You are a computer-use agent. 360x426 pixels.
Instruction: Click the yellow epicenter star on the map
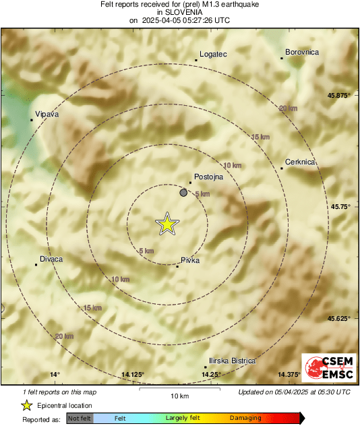coord(166,224)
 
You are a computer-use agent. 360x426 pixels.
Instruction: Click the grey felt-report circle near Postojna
coord(183,193)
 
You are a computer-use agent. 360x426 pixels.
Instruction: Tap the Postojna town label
coord(208,177)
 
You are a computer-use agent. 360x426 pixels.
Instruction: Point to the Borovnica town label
coord(302,52)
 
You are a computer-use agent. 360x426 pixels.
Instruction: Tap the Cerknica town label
coord(300,162)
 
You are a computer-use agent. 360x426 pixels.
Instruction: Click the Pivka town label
coord(191,260)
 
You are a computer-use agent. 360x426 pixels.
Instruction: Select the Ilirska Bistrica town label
coord(233,361)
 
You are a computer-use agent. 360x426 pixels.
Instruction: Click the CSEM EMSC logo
coord(326,369)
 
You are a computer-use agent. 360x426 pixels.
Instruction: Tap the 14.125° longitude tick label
coord(133,375)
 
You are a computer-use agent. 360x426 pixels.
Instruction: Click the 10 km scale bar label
coord(179,395)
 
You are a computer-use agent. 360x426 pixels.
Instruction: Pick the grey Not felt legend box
coord(80,419)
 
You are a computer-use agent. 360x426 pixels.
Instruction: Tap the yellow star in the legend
coord(26,405)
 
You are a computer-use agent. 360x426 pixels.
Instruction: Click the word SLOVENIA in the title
coord(179,12)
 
